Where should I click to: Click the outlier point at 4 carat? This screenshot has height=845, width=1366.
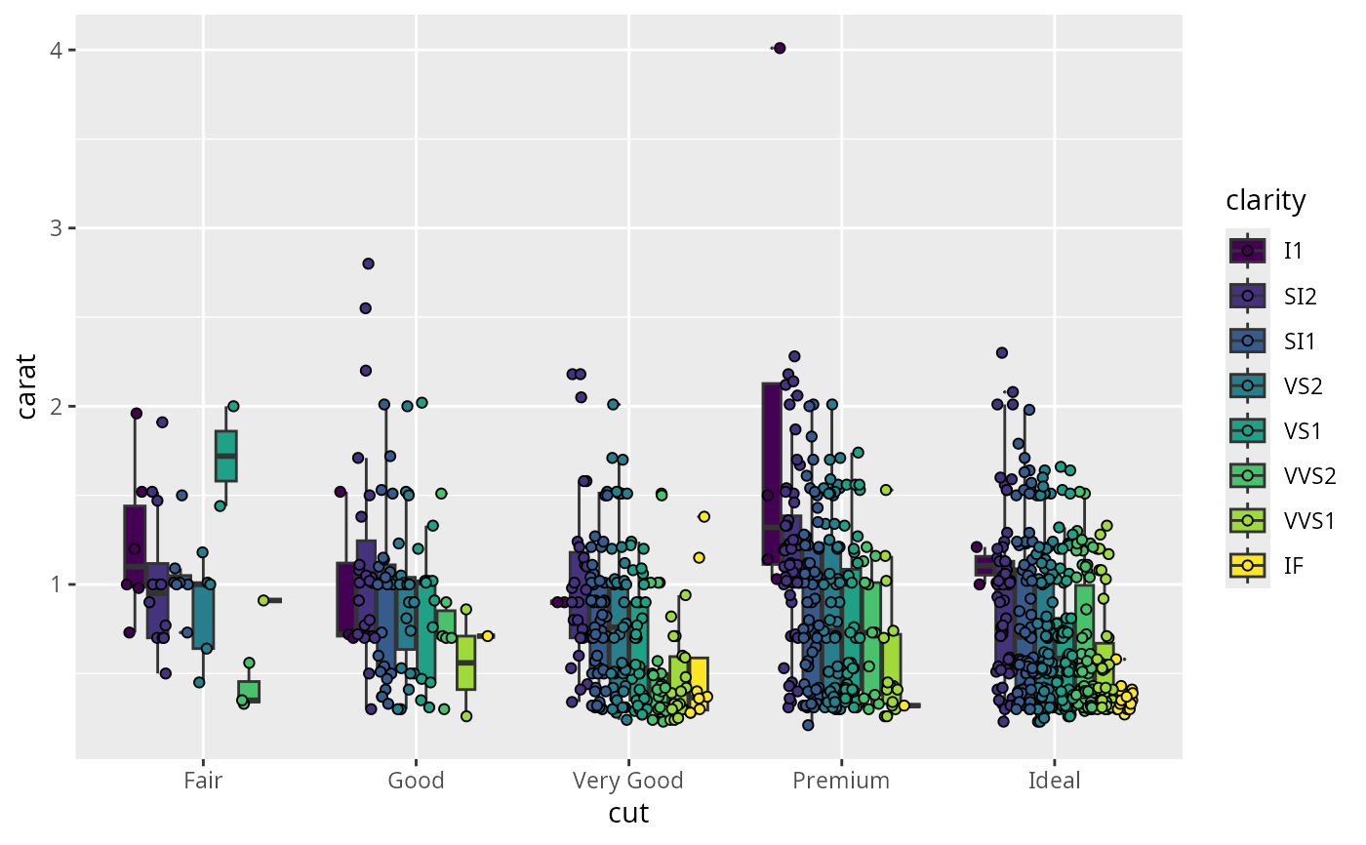[779, 48]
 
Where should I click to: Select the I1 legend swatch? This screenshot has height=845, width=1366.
[1248, 251]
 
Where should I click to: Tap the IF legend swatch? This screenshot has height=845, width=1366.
[1248, 565]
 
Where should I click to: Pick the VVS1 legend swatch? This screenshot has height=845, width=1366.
[1248, 520]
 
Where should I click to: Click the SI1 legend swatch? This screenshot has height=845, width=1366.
[1248, 341]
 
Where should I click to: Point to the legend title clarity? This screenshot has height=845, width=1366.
[1266, 201]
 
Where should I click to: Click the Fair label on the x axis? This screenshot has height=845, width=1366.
[202, 781]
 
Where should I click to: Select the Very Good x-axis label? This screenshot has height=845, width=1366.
[628, 781]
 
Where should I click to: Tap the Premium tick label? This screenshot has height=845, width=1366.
[841, 781]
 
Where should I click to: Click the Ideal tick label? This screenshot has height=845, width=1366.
[1055, 781]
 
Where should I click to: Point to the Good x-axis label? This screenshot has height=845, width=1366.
[416, 781]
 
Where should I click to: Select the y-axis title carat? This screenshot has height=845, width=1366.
[29, 387]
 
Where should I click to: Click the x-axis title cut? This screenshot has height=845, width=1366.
[628, 814]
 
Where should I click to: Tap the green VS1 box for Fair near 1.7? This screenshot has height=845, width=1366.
[225, 456]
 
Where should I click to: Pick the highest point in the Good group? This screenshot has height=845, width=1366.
[368, 263]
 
